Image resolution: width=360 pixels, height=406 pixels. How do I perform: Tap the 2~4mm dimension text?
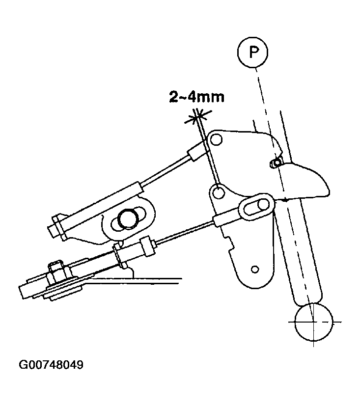tap(197, 97)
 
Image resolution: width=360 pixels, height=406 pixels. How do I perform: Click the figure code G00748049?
tap(51, 365)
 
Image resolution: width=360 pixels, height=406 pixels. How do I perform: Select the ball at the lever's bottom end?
tap(313, 322)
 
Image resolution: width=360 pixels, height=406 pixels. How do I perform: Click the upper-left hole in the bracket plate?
tap(216, 140)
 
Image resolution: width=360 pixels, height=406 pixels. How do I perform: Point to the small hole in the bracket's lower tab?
tap(255, 270)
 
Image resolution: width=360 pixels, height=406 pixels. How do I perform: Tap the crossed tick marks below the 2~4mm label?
tap(198, 118)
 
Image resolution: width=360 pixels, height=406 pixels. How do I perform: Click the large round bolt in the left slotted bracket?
tap(127, 219)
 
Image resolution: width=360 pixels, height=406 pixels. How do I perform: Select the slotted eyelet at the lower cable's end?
tap(256, 206)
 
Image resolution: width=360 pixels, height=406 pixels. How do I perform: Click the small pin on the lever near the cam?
tap(277, 163)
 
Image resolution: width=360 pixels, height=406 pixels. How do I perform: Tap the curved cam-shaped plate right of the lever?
tap(305, 181)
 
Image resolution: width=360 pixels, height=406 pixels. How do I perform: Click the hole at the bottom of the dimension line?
tap(219, 192)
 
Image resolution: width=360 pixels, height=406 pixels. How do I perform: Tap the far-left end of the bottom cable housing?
tap(24, 291)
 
